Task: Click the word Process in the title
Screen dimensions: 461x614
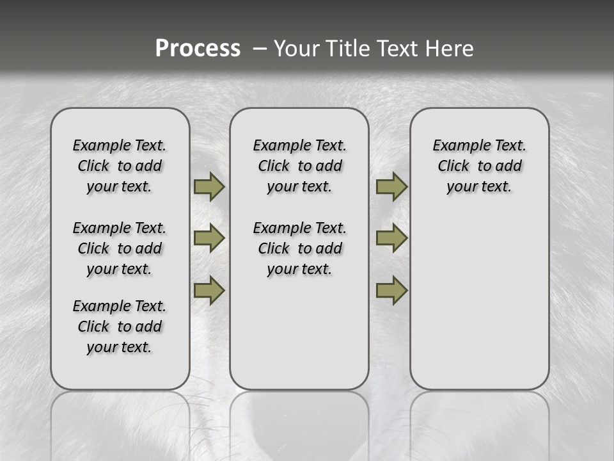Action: point(198,48)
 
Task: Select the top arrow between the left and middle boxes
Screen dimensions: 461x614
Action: point(209,186)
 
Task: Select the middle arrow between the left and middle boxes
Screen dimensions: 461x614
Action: point(209,238)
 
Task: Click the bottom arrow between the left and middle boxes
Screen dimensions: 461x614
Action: point(209,290)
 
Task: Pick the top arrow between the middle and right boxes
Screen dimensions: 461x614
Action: point(391,186)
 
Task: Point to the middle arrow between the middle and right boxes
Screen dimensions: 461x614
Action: point(391,238)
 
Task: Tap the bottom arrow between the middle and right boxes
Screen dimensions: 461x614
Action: point(391,290)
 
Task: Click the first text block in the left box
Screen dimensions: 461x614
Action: point(120,166)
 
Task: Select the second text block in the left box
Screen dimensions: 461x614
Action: point(120,248)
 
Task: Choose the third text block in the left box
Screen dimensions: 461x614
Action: point(120,327)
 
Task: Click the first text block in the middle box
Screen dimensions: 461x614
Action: point(299,166)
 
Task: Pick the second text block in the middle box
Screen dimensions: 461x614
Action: point(299,248)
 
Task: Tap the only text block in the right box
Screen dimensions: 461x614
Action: point(479,166)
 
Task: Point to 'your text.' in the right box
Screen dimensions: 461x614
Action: point(479,187)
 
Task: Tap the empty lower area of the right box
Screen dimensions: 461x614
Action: point(479,307)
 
